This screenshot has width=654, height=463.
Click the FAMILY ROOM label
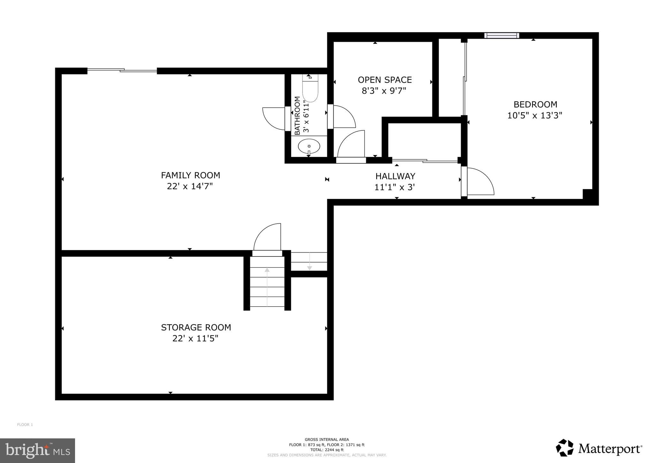point(190,175)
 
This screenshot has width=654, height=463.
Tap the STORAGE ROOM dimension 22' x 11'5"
point(195,338)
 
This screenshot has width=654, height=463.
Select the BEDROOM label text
point(535,105)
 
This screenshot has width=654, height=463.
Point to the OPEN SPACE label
point(384,80)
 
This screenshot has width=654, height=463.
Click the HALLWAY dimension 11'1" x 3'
point(394,187)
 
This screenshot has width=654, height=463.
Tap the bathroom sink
point(309,146)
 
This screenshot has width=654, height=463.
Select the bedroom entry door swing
point(479,182)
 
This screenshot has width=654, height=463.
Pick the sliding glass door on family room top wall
point(122,70)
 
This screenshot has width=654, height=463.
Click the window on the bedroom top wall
point(501,35)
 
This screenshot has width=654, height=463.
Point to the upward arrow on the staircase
point(267,286)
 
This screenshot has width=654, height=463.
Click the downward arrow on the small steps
point(309,262)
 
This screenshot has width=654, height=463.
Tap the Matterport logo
point(599,449)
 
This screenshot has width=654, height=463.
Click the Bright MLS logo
point(37,451)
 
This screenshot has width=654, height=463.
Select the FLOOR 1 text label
point(25,425)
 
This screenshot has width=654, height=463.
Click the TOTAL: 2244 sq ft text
point(327,450)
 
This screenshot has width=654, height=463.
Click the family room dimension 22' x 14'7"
point(190,186)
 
